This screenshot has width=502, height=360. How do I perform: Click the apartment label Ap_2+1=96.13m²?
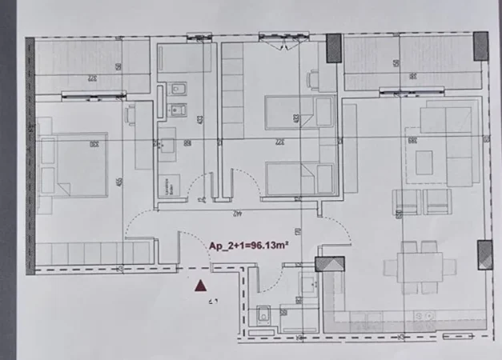pyautogui.click(x=247, y=247)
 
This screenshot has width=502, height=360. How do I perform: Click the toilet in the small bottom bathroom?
pyautogui.click(x=263, y=317)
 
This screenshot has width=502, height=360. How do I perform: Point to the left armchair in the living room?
pyautogui.click(x=404, y=201)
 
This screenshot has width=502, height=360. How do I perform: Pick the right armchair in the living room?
pyautogui.click(x=438, y=201)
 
